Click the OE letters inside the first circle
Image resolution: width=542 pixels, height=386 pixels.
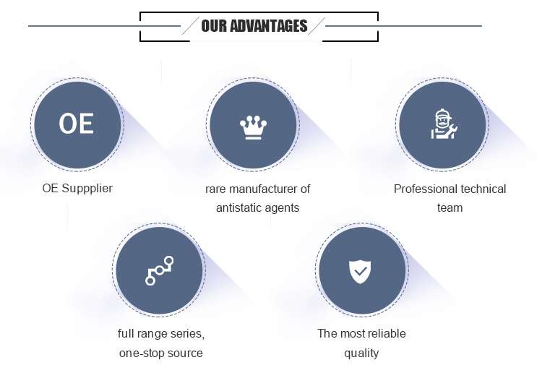[77, 124]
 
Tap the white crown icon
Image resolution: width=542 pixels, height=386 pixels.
[253, 127]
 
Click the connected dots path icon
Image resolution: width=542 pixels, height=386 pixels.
[159, 270]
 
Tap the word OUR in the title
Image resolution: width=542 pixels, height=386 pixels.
[215, 27]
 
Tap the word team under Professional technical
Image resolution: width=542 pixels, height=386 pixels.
[449, 208]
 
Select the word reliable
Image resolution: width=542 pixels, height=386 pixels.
[386, 334]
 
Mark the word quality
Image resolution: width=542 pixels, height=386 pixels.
[361, 353]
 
